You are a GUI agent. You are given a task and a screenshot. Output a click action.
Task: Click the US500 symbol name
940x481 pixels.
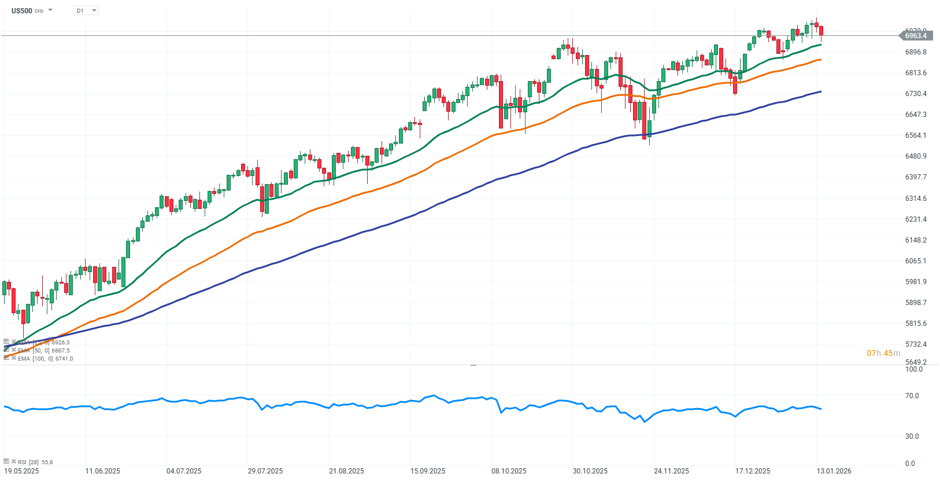(22, 10)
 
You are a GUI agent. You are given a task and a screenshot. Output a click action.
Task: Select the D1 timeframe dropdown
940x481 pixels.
(86, 10)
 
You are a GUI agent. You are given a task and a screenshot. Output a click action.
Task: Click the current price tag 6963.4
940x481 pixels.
(916, 36)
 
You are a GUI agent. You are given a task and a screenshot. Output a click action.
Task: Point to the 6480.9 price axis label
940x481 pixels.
(916, 156)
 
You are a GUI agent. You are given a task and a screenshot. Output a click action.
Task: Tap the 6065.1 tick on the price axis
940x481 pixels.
(916, 261)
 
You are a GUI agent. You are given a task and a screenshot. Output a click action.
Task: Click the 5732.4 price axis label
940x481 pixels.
(916, 344)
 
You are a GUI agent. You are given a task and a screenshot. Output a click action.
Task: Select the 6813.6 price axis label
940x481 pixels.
(916, 73)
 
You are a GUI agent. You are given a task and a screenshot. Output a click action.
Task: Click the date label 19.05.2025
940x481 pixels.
(21, 471)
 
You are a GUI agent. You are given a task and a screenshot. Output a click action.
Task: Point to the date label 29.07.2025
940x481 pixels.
(265, 471)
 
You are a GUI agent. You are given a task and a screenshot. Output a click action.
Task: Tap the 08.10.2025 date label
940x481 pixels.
(509, 471)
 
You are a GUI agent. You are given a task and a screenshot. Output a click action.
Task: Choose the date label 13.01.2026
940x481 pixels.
(834, 471)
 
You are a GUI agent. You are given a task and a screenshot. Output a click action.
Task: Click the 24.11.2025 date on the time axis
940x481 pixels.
(671, 471)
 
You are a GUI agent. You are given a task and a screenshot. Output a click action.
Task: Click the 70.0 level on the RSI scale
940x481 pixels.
(912, 396)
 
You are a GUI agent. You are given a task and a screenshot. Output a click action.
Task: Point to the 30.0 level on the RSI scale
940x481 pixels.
(912, 436)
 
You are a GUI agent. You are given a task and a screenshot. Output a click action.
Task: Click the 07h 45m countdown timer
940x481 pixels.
(883, 353)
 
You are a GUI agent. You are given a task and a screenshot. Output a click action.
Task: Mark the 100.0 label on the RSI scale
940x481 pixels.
(913, 369)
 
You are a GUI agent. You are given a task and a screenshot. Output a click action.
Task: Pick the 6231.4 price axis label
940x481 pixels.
(916, 219)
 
